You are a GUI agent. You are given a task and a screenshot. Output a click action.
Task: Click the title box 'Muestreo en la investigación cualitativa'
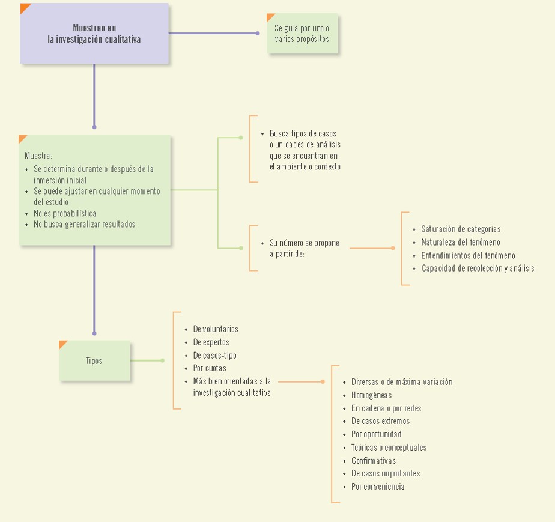(x=94, y=34)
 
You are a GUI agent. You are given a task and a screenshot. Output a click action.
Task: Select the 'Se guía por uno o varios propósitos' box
(x=302, y=34)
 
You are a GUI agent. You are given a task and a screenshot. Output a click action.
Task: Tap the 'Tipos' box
(x=94, y=360)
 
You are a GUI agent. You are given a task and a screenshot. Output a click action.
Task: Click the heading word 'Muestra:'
(x=38, y=156)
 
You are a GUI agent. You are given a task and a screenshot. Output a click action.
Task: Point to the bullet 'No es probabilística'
(x=65, y=213)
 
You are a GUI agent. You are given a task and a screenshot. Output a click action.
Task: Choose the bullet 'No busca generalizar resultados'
(x=84, y=225)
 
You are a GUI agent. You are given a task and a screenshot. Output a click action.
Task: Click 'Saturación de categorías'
(x=461, y=229)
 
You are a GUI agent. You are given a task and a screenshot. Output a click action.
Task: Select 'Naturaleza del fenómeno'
(x=461, y=243)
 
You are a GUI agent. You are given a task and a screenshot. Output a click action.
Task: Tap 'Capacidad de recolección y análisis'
(x=478, y=269)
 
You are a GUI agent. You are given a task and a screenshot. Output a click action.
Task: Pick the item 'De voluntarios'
(x=216, y=329)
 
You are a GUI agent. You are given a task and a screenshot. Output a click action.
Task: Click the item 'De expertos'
(x=211, y=342)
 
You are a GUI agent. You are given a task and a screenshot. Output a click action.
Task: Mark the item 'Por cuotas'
(x=210, y=368)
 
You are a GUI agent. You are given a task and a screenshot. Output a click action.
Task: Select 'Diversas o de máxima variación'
(x=402, y=382)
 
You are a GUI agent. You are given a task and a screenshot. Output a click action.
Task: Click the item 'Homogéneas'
(x=371, y=395)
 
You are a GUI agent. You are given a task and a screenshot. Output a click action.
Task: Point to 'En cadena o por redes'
(x=386, y=408)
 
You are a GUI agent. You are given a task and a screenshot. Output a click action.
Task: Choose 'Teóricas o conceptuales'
(x=389, y=448)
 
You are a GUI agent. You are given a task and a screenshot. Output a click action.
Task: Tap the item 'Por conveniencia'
(x=378, y=487)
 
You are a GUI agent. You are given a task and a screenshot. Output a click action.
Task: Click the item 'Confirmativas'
(x=374, y=460)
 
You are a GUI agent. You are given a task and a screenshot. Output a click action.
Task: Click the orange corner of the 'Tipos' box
(x=62, y=344)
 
